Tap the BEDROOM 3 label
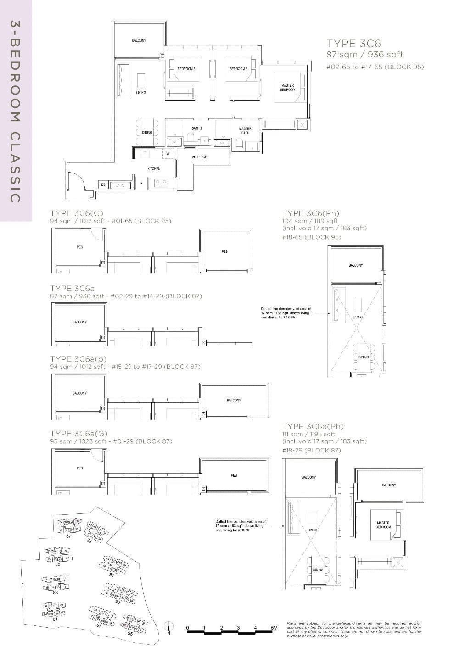pos(186,69)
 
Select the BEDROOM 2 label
pos(239,69)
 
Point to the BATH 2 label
pos(196,128)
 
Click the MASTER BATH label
pos(245,131)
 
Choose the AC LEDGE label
pos(199,157)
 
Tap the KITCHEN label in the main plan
pos(154,169)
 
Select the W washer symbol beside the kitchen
pos(168,154)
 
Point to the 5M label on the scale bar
pos(274,628)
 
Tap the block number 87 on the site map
pos(69,536)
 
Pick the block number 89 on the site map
pos(89,541)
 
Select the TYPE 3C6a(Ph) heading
pos(313,426)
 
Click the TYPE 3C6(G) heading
pos(77,213)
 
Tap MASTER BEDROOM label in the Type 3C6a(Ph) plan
pos(383,525)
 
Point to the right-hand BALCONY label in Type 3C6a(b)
pos(234,401)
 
